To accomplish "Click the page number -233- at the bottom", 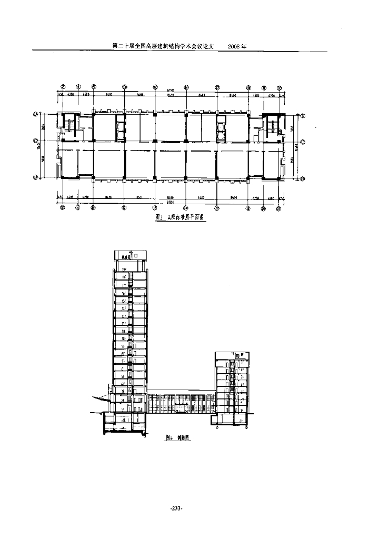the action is [x=176, y=508].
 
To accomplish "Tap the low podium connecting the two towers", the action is [x=181, y=403].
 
